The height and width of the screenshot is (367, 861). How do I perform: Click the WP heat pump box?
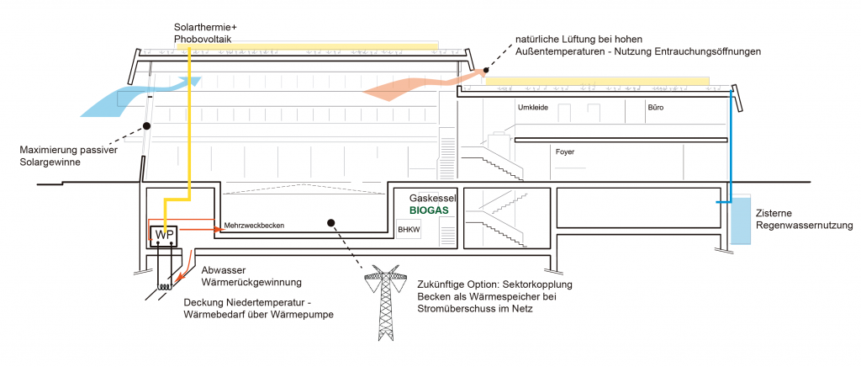[x=163, y=233]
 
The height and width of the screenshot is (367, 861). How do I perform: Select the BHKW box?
[x=409, y=228]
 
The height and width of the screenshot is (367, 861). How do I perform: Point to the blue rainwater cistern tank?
[x=742, y=220]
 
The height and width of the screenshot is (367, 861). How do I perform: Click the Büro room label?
[x=655, y=108]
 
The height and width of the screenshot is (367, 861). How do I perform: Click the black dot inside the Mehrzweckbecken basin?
[x=331, y=223]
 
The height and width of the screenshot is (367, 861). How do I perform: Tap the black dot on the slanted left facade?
[x=146, y=126]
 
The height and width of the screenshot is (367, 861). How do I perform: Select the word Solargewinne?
[x=50, y=162]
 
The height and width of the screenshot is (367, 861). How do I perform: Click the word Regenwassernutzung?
[x=805, y=226]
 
